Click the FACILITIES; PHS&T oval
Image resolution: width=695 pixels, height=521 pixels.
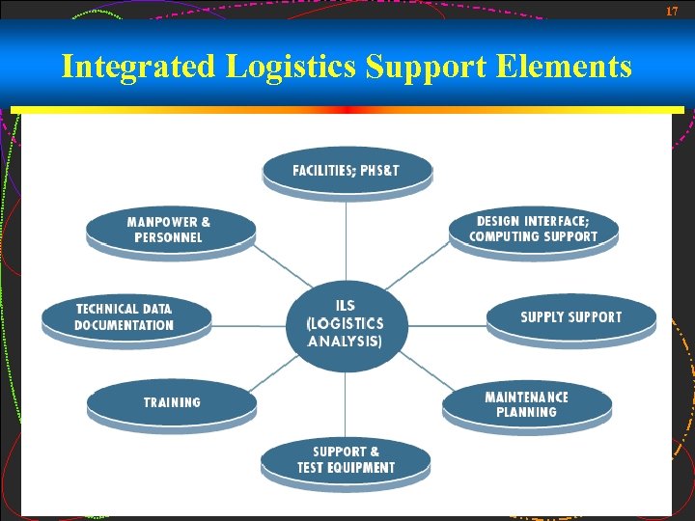(347, 171)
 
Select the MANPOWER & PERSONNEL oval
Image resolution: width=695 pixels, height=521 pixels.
(170, 230)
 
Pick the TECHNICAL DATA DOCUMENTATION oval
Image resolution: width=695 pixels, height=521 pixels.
(125, 317)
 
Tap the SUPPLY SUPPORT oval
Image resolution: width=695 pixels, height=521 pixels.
(570, 317)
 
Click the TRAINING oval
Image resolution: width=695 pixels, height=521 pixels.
(172, 402)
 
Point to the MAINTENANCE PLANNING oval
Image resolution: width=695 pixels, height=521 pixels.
(527, 404)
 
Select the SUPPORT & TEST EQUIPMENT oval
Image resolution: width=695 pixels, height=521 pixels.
(346, 459)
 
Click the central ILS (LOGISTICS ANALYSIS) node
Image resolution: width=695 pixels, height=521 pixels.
(345, 324)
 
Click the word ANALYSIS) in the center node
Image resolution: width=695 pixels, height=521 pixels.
(345, 342)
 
